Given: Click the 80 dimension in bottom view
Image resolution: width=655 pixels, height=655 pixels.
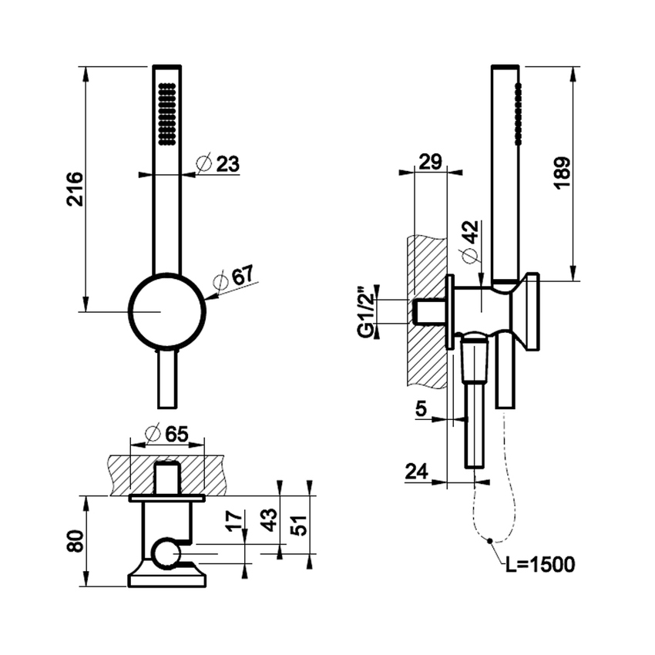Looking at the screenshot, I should (x=75, y=541).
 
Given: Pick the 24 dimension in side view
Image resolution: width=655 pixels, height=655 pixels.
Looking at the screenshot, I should (x=417, y=471).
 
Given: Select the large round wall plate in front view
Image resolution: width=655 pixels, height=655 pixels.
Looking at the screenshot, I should (x=166, y=311).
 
